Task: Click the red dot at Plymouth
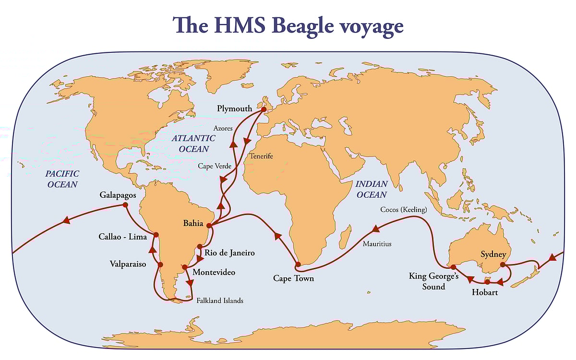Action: click(264, 109)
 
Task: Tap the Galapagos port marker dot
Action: click(125, 205)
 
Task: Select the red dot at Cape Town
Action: click(298, 264)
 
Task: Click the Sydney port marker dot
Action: click(503, 264)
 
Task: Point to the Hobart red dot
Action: click(487, 282)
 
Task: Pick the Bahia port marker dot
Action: click(209, 225)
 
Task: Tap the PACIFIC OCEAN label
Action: click(63, 179)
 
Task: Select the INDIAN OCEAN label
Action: click(371, 189)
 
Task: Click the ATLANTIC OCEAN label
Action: click(193, 143)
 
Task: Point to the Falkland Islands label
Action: click(220, 301)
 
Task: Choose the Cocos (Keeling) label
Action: click(403, 210)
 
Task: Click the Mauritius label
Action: click(377, 244)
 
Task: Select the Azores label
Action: click(223, 129)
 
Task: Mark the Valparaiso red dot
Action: click(160, 264)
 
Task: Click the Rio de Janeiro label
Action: click(229, 252)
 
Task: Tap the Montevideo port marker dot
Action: click(185, 267)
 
